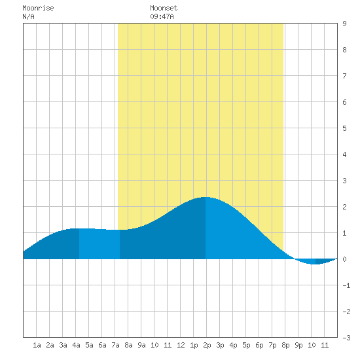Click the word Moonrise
pyautogui.click(x=38, y=8)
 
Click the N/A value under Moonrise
pyautogui.click(x=28, y=16)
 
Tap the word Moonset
pyautogui.click(x=164, y=8)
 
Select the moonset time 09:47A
pyautogui.click(x=162, y=16)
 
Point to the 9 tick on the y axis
pyautogui.click(x=344, y=24)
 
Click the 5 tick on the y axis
pyautogui.click(x=344, y=128)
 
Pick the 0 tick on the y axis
pyautogui.click(x=344, y=259)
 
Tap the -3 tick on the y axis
pyautogui.click(x=346, y=338)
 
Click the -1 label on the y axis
pyautogui.click(x=346, y=285)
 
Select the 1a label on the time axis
pyautogui.click(x=37, y=345)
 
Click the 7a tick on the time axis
pyautogui.click(x=115, y=345)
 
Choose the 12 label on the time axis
pyautogui.click(x=181, y=345)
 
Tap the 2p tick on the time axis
pyautogui.click(x=207, y=345)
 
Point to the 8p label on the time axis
pyautogui.click(x=285, y=345)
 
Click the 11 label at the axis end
pyautogui.click(x=325, y=345)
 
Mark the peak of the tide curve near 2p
pyautogui.click(x=205, y=197)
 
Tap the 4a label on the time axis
pyautogui.click(x=76, y=345)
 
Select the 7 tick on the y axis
pyautogui.click(x=344, y=76)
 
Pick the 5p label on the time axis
pyautogui.click(x=246, y=345)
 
